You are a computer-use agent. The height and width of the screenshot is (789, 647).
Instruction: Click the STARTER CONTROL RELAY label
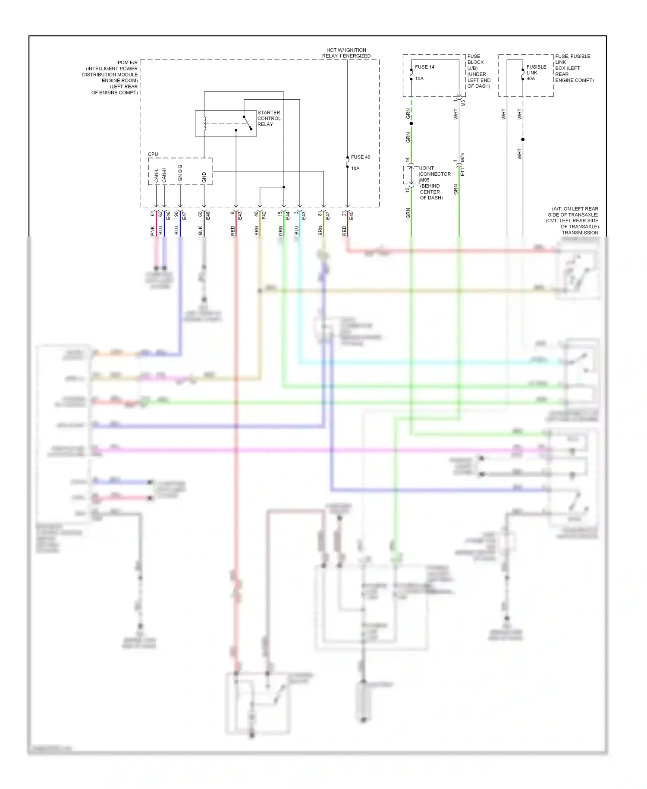coord(269,118)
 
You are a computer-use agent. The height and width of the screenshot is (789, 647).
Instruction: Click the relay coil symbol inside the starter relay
coord(205,123)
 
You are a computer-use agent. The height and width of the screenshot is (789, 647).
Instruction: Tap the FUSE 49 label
coord(360,157)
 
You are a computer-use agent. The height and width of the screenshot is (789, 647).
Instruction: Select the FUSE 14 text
coord(424,67)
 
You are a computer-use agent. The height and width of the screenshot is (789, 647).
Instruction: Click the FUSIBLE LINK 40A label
coord(536,73)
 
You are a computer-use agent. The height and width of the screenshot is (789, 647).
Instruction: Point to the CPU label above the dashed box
coord(153,154)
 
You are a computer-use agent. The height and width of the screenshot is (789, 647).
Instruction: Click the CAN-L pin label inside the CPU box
coord(157,175)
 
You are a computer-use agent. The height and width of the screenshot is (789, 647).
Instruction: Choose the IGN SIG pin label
coord(180,173)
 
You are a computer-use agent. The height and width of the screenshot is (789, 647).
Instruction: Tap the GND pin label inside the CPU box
coord(204,177)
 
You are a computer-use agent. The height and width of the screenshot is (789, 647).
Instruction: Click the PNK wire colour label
coord(153,230)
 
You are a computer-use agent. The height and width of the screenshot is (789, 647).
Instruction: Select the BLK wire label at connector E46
coord(201,230)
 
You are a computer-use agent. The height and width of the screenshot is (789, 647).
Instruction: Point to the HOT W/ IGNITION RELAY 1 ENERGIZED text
coord(346,53)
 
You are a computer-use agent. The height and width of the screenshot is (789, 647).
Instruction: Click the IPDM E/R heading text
coord(127,63)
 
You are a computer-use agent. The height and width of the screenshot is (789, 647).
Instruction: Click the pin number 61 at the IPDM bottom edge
coord(153,213)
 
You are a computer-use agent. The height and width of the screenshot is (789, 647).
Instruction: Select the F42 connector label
coord(264,215)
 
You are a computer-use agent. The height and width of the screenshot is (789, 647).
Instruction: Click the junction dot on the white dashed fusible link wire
coord(523,139)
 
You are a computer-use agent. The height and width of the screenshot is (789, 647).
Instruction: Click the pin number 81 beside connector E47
coord(320,213)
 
